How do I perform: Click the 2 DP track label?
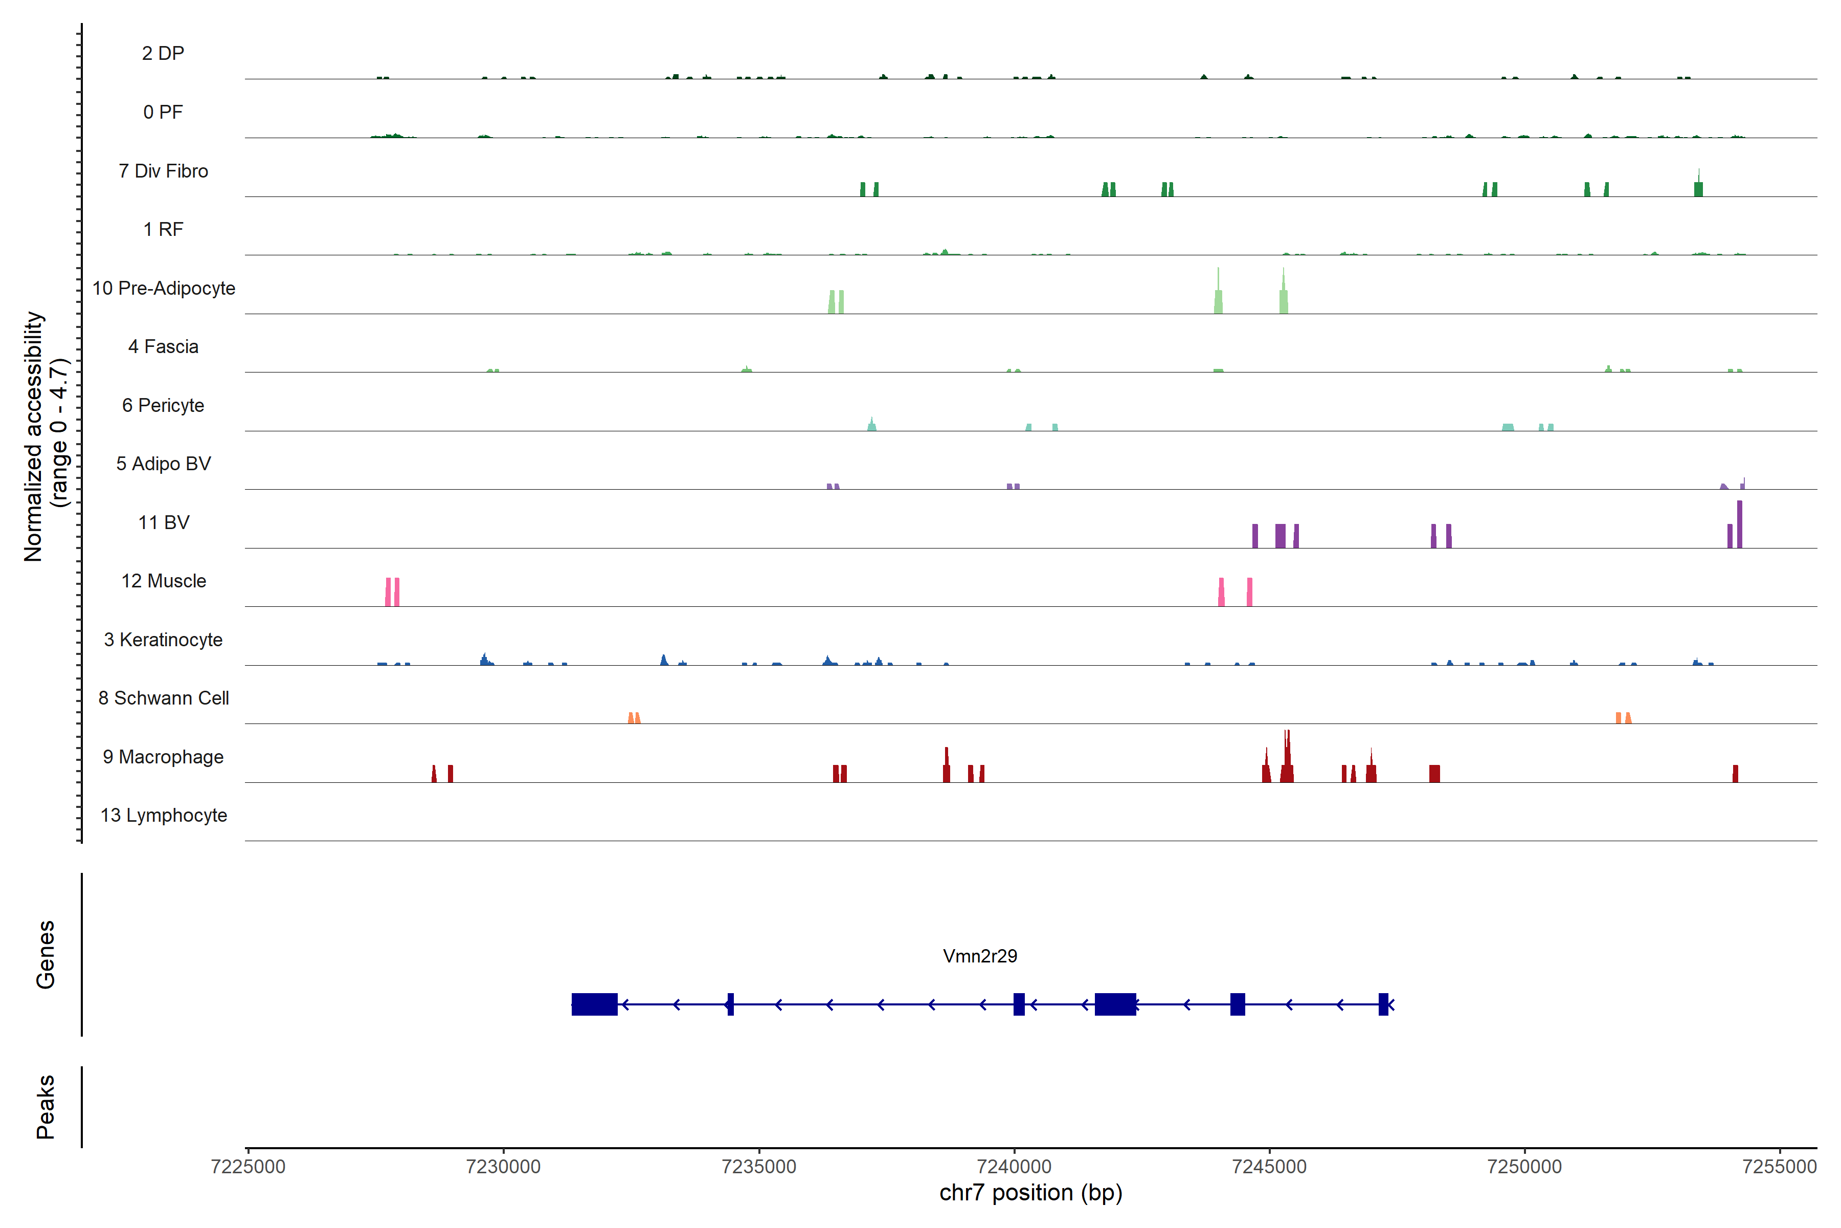click(163, 53)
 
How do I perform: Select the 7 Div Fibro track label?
click(163, 171)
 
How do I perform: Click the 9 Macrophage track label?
click(163, 757)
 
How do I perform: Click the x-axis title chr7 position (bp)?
click(1030, 1193)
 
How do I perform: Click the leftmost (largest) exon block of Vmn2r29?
click(594, 1004)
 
